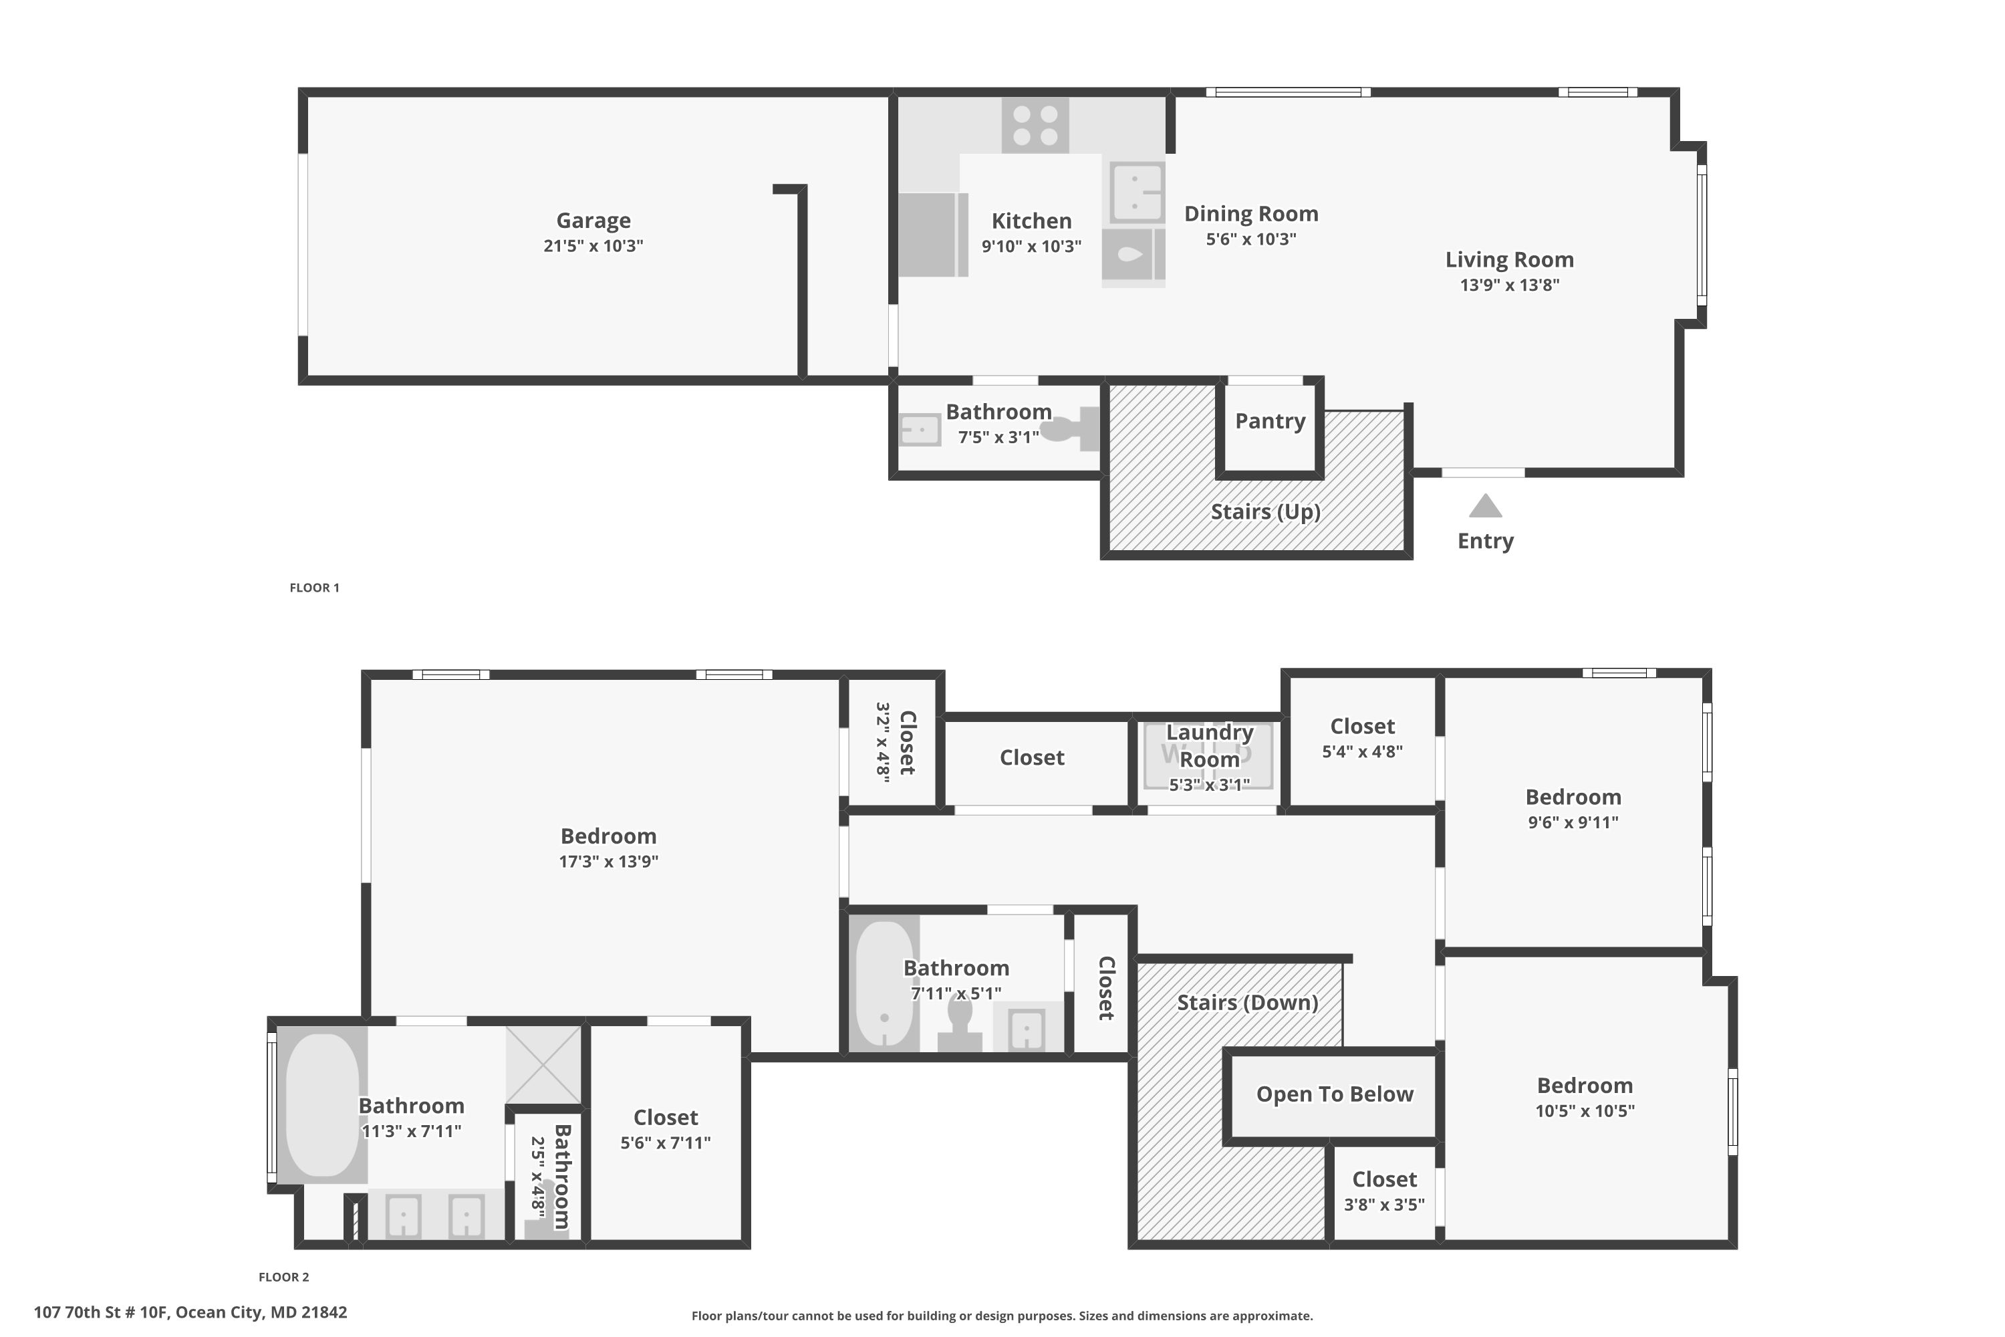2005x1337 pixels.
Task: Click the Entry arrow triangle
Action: (1485, 507)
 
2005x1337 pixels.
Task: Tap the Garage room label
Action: (593, 221)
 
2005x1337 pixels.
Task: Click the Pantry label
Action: (1271, 421)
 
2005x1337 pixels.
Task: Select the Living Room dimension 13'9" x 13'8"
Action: (1509, 285)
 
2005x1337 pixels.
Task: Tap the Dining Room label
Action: (1250, 214)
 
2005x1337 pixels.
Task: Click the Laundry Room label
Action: (1209, 745)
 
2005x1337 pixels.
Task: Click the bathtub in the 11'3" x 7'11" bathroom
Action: (321, 1105)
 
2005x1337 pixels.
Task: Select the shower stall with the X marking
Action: (543, 1065)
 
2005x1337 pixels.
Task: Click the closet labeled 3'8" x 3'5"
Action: (1383, 1191)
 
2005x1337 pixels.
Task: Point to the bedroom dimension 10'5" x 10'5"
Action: (1584, 1111)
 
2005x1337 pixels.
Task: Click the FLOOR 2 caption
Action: (284, 1276)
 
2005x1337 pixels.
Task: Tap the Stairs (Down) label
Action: (1247, 1003)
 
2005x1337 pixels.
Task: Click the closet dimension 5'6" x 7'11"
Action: (665, 1142)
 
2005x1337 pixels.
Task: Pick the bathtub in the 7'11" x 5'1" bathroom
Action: (884, 984)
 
